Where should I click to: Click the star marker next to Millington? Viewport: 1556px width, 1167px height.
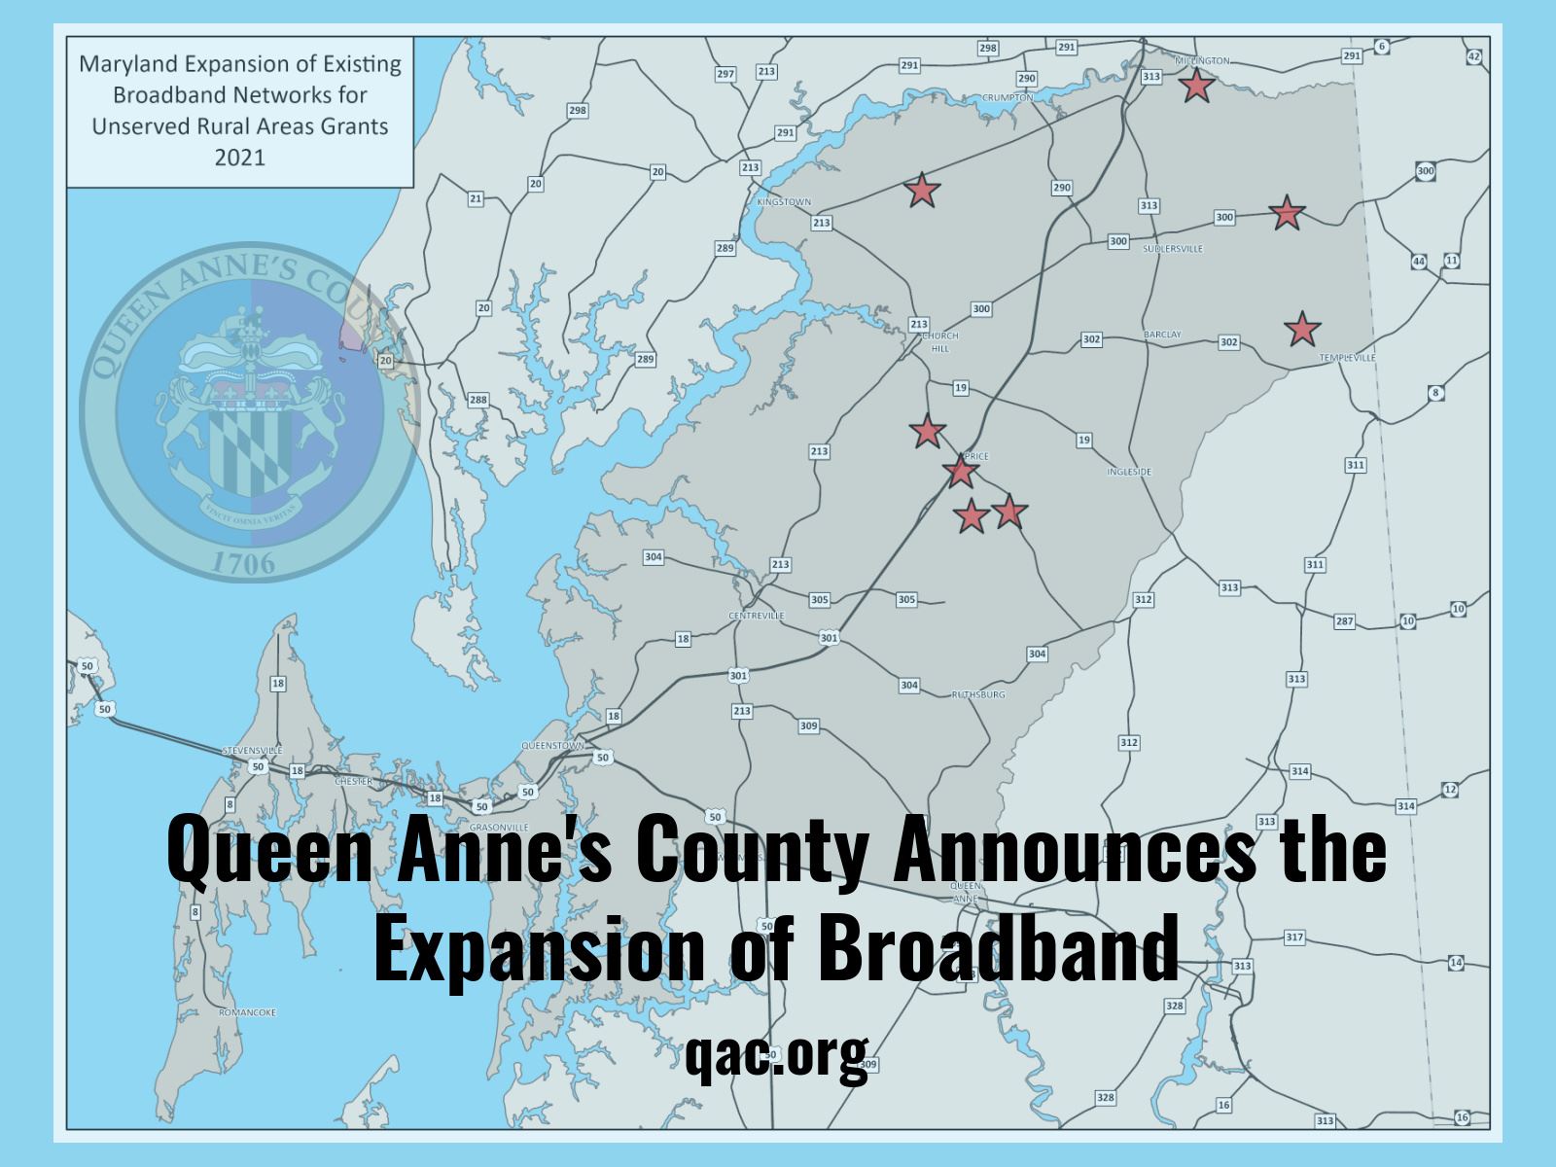tap(1196, 86)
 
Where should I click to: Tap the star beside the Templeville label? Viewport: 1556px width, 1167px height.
tap(1301, 330)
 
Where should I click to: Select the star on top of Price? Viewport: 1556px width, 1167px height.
tap(960, 472)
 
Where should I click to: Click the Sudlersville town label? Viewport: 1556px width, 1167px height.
tap(1172, 249)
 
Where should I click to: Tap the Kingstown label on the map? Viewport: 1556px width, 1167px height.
tap(783, 202)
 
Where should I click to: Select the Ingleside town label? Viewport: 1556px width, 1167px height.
tap(1128, 472)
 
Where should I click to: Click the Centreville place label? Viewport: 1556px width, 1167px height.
tap(756, 616)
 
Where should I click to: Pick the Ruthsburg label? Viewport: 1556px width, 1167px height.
tap(977, 694)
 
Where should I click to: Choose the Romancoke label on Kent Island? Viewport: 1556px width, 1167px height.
tap(247, 1012)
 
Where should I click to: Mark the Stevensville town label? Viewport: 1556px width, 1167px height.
tap(252, 751)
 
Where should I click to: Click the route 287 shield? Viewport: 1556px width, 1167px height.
tap(1344, 621)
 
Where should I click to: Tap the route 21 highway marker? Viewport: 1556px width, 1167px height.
tap(475, 199)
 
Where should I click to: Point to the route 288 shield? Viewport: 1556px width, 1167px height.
tap(477, 400)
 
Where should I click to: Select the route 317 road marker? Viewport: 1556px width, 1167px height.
tap(1293, 937)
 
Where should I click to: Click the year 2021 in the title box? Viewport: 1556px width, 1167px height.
tap(239, 156)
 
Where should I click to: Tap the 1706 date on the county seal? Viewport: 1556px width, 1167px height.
tap(243, 561)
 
